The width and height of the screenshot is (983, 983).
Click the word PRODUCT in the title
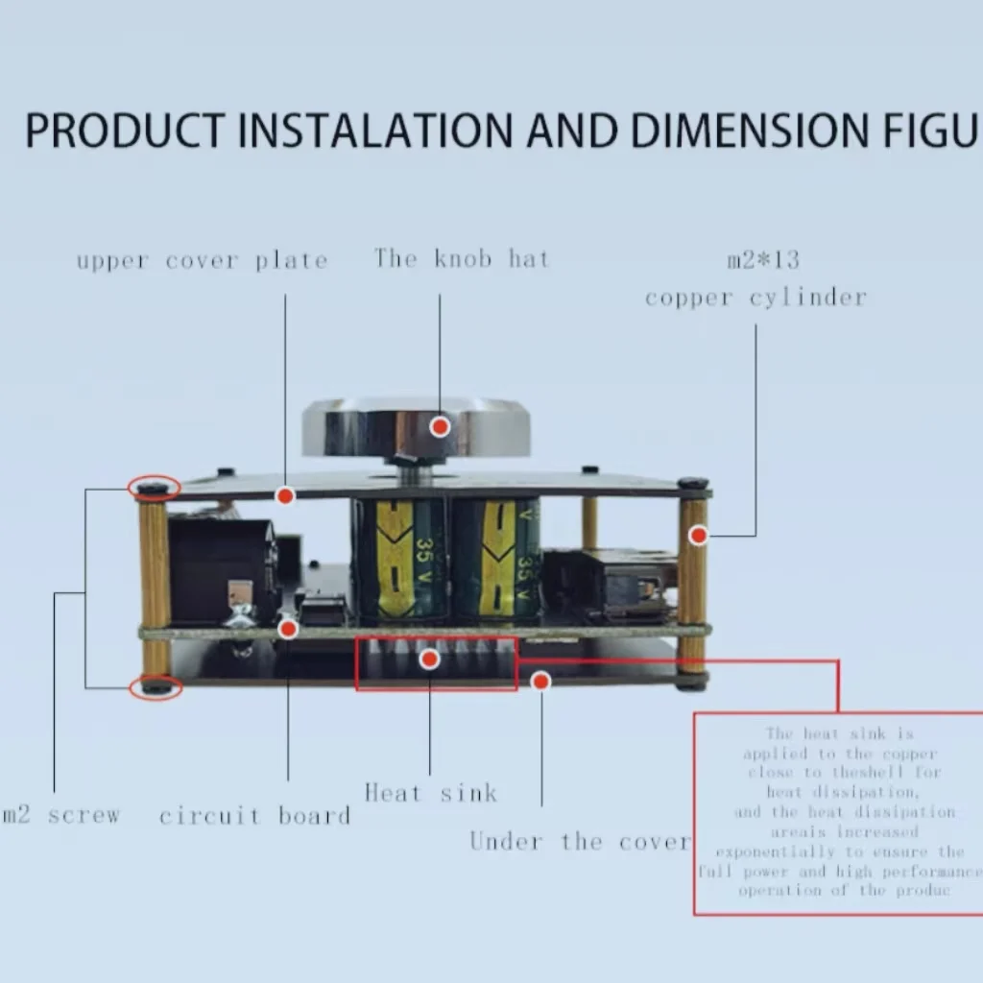[125, 132]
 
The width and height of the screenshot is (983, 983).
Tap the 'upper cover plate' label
[202, 260]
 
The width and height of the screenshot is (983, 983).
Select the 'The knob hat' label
[462, 258]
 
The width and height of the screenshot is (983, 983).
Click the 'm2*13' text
[763, 259]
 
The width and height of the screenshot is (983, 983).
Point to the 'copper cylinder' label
[755, 298]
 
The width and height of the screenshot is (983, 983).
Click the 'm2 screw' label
[62, 816]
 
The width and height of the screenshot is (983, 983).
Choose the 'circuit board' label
[254, 816]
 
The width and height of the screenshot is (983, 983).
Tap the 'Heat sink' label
[430, 793]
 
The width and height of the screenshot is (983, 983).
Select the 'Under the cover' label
[580, 842]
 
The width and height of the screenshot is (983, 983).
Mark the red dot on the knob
[440, 426]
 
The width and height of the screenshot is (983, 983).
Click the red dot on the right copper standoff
[698, 535]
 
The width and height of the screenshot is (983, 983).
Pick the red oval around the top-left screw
[154, 488]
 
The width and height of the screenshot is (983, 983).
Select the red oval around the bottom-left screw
[156, 686]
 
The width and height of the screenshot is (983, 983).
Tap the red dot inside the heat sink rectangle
[430, 659]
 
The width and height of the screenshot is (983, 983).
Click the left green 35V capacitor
[398, 559]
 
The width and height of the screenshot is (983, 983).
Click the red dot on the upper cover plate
[285, 496]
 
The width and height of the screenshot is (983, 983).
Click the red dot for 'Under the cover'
[541, 681]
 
